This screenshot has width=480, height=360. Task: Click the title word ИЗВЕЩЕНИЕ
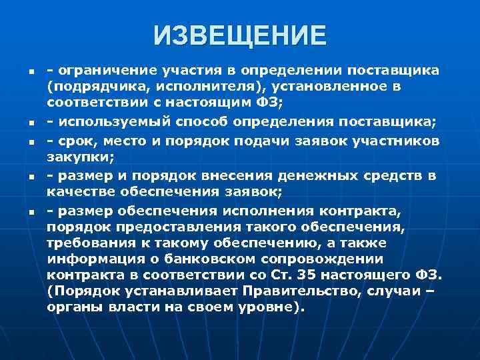click(240, 35)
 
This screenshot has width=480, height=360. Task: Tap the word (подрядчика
click(88, 87)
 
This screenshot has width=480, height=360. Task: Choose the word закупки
click(71, 156)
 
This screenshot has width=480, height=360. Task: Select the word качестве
click(79, 191)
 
